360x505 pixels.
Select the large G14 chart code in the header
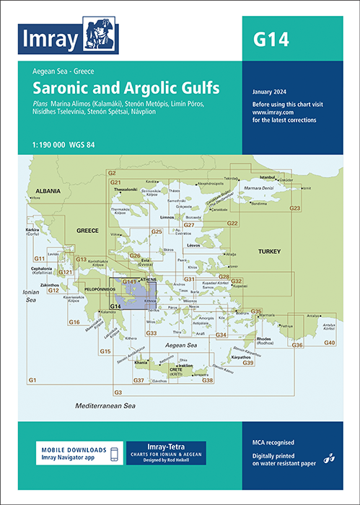coord(271,39)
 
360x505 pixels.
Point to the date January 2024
coord(274,92)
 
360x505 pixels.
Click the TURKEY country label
coord(265,250)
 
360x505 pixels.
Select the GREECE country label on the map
coord(88,232)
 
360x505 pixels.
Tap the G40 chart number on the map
coord(329,341)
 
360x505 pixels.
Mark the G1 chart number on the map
coord(32,379)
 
